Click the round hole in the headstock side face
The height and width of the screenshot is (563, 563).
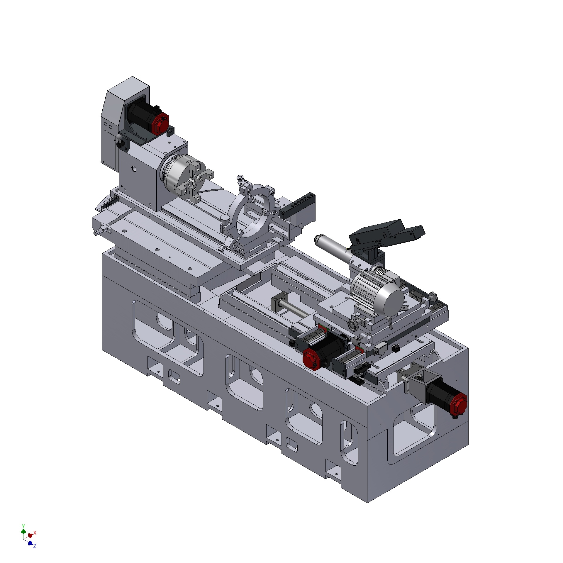coord(134,169)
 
